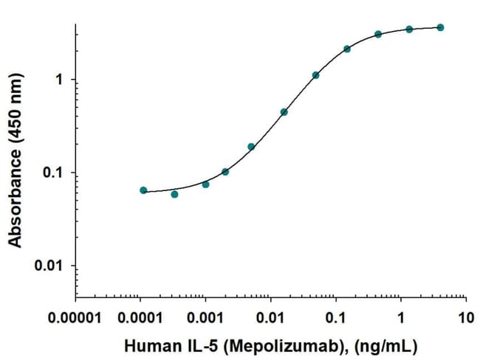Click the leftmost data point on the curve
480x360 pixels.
point(143,190)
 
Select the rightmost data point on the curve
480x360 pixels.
point(440,27)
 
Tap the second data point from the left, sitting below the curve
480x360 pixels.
point(174,194)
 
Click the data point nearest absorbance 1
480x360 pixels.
point(315,75)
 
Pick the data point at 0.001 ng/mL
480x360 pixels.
point(205,184)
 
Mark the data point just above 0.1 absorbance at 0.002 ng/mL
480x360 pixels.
point(225,172)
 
